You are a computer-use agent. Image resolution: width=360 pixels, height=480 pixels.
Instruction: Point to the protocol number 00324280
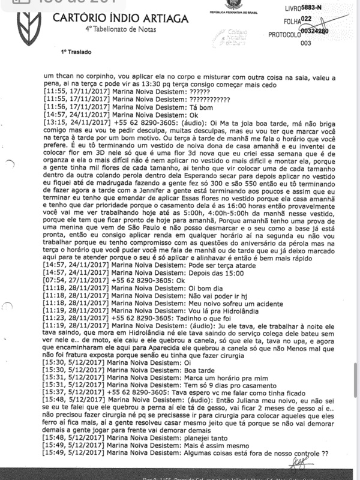pyautogui.click(x=314, y=31)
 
